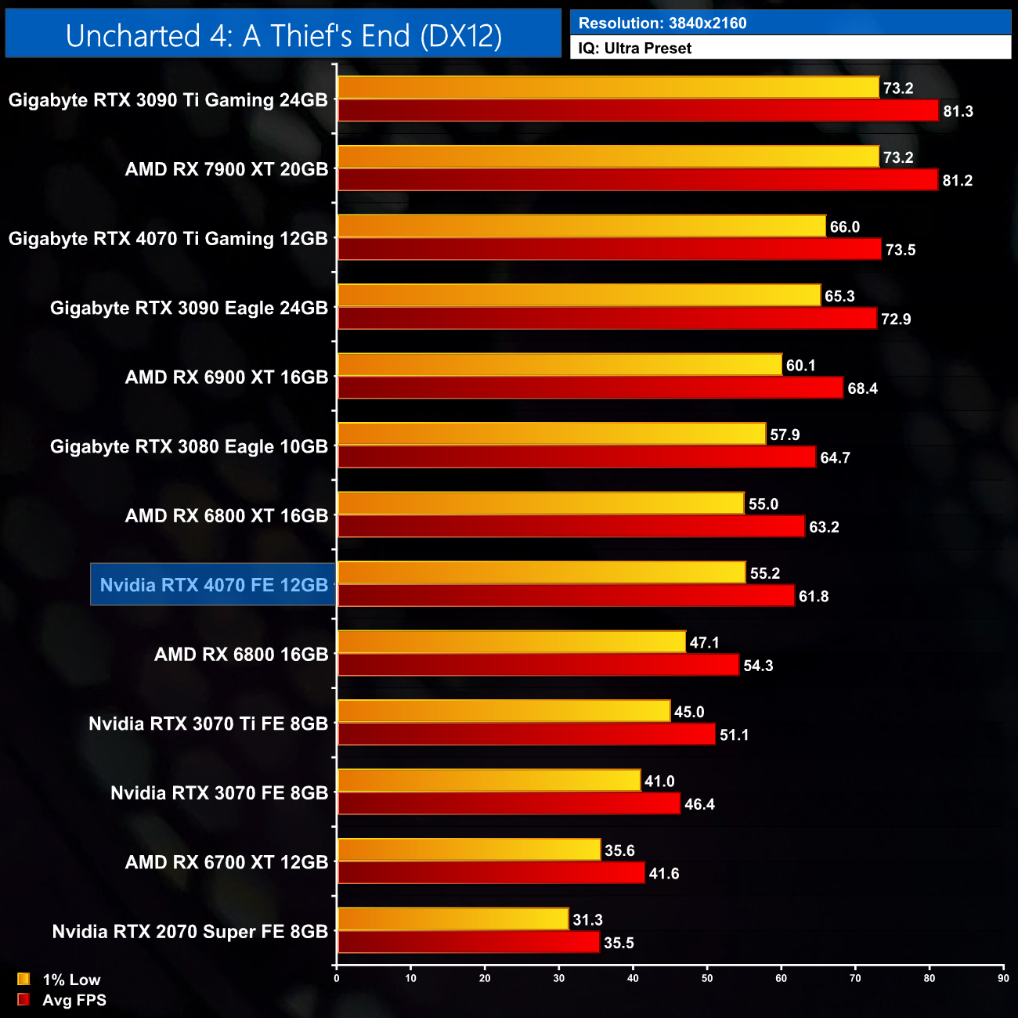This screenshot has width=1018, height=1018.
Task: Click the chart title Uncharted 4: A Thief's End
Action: pos(283,36)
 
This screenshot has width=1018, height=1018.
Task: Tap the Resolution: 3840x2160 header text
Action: pos(662,23)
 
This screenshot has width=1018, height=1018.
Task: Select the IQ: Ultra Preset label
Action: pos(635,49)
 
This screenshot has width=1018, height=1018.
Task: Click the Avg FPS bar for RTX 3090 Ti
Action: pos(637,111)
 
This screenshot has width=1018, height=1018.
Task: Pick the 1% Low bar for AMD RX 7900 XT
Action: pos(608,157)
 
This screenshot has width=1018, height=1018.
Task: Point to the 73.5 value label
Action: pos(901,250)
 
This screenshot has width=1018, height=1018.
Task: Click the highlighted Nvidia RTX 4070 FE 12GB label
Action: pos(214,585)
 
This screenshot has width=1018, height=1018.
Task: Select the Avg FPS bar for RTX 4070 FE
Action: pos(565,596)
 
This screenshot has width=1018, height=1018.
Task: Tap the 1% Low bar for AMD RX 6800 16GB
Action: pos(511,642)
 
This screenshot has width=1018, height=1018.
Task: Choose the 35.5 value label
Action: pos(619,943)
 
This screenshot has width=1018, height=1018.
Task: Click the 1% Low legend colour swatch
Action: pos(23,979)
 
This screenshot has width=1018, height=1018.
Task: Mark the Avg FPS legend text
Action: pos(74,1000)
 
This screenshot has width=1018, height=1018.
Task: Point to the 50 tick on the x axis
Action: pos(707,978)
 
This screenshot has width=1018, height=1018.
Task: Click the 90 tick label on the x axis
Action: pos(1003,978)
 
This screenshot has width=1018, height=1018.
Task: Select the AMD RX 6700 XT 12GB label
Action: pos(226,862)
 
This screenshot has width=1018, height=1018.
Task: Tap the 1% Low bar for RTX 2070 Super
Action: pos(453,919)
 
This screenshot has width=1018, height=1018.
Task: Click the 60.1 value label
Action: pos(801,366)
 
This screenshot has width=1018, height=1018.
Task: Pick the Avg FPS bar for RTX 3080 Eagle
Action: pos(576,457)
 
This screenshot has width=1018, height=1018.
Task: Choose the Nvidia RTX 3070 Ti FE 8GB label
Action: pos(208,724)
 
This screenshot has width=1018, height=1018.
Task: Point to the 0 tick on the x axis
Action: pos(337,978)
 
